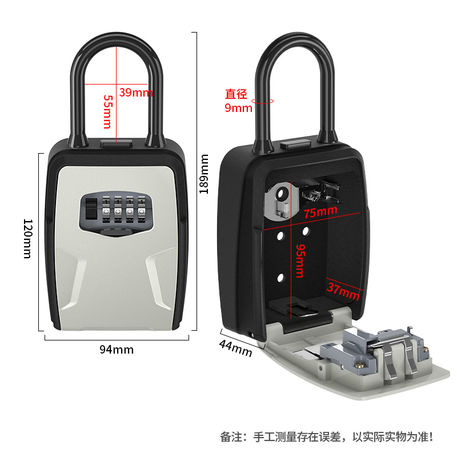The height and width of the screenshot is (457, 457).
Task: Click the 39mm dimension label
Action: (136, 93)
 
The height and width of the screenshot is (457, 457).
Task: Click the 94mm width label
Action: (116, 349)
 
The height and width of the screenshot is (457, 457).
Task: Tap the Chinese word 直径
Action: (238, 93)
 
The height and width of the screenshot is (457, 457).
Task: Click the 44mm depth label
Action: (235, 347)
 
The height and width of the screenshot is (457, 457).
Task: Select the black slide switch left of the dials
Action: (89, 209)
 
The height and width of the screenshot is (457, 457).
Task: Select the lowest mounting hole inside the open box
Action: (281, 278)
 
